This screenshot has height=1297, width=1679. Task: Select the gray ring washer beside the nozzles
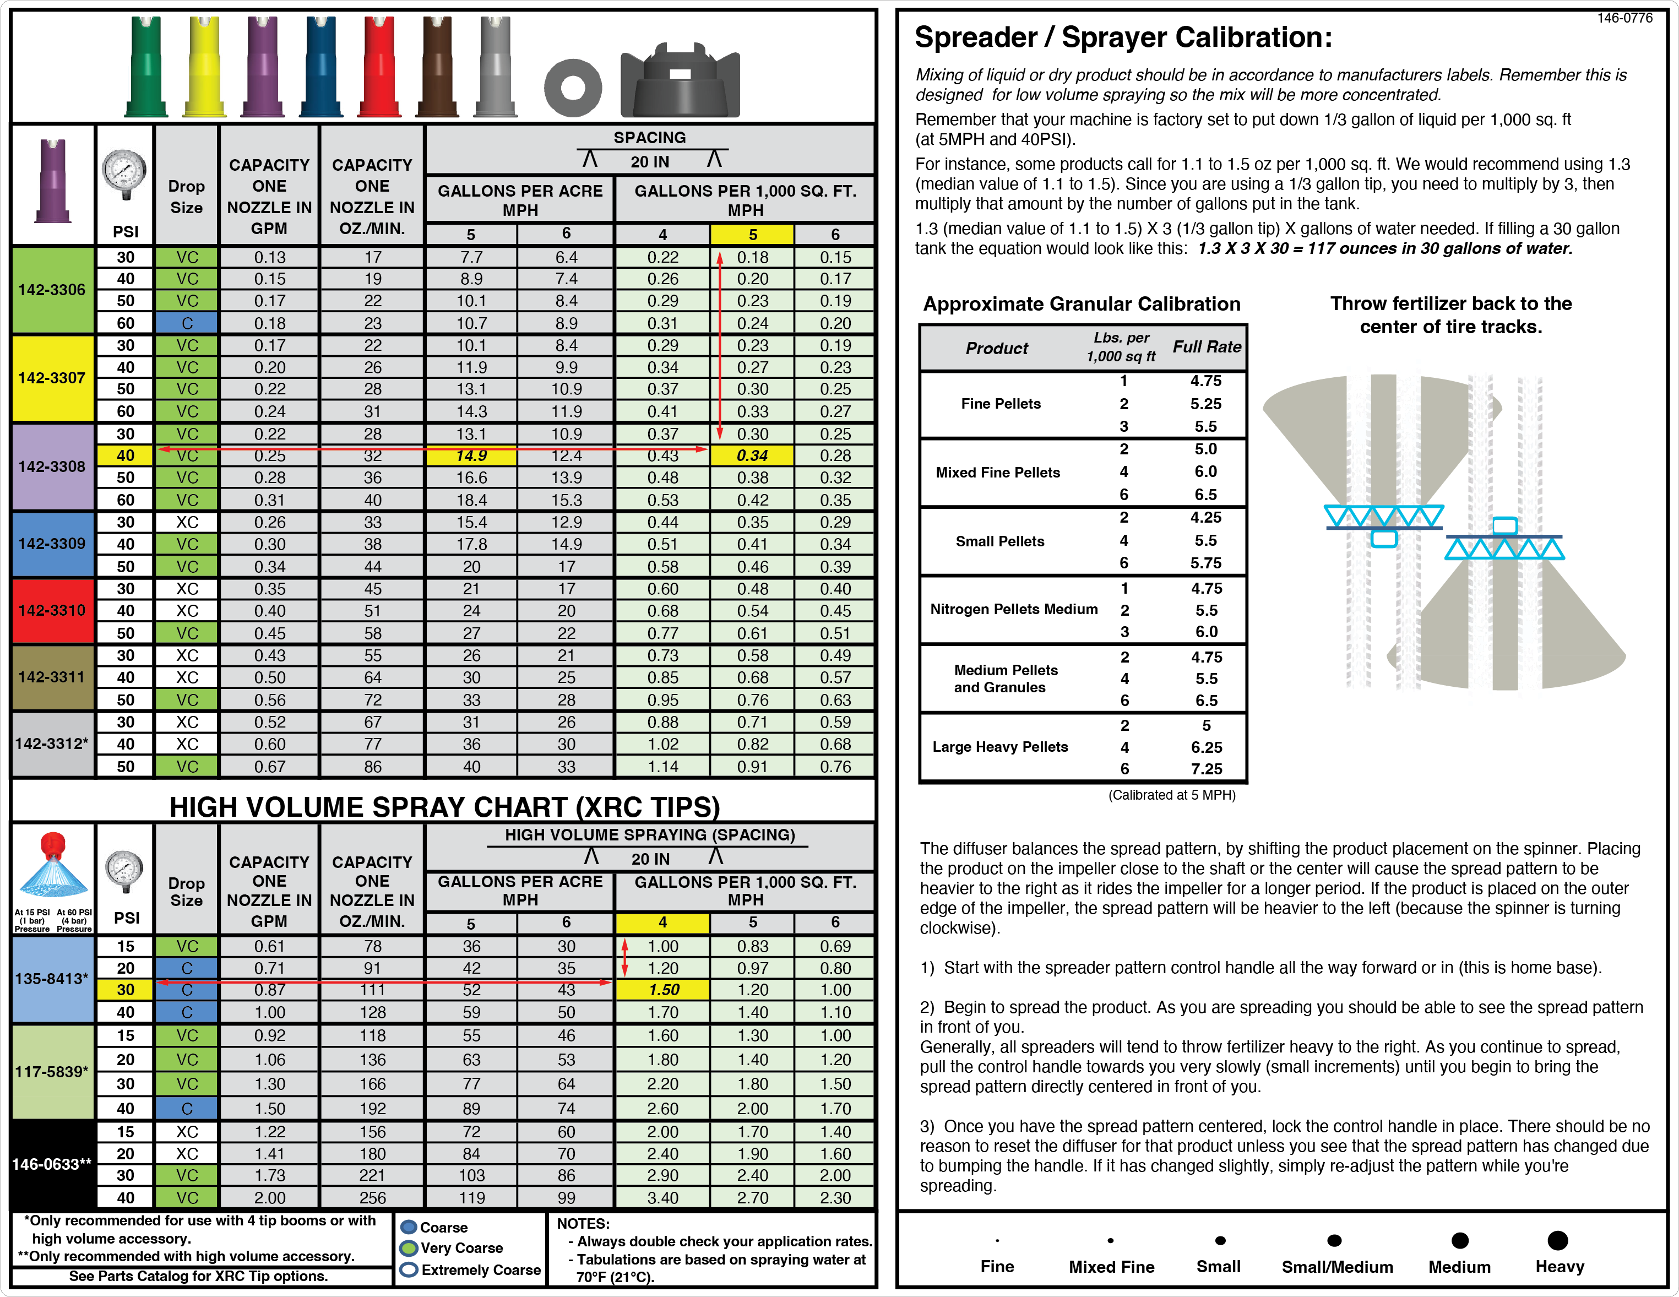[573, 88]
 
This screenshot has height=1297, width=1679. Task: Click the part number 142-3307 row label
[52, 378]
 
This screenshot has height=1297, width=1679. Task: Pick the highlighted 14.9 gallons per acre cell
[471, 456]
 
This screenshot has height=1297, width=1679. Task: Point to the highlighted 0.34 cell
[752, 456]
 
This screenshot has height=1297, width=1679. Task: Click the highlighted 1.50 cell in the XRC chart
[662, 990]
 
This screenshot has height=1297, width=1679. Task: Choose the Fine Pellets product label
[1000, 404]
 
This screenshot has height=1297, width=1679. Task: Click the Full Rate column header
[1206, 347]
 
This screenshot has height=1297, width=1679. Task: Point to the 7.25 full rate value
[1206, 769]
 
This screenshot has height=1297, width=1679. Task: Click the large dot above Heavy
[1557, 1240]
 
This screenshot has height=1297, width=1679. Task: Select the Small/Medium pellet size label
[1337, 1267]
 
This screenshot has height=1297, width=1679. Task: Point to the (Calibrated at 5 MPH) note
[1172, 795]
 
